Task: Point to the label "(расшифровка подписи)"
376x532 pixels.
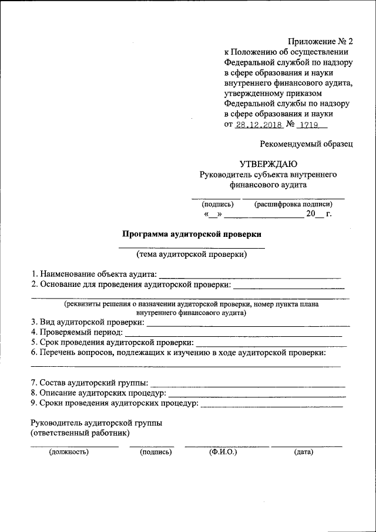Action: (x=293, y=205)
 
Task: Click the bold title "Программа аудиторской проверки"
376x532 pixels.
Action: (x=191, y=233)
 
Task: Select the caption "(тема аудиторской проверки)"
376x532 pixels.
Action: (x=192, y=255)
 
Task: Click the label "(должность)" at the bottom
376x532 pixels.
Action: (x=69, y=452)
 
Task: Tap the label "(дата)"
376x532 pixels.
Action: (x=304, y=452)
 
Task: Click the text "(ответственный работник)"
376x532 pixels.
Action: (x=80, y=433)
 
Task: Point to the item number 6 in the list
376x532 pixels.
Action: (x=34, y=353)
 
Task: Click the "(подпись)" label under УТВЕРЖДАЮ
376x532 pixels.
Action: (x=217, y=205)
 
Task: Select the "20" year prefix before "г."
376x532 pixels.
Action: (x=311, y=214)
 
